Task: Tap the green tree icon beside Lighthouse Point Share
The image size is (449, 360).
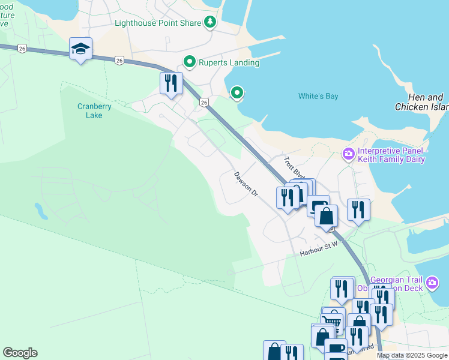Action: point(209,23)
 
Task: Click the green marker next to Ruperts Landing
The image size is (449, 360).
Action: point(190,62)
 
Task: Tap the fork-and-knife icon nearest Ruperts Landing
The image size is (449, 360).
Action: point(171,83)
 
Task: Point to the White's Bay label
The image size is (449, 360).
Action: point(319,96)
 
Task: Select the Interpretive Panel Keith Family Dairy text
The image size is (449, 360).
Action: point(391,155)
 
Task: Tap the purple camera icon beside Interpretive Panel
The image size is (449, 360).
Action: point(348,154)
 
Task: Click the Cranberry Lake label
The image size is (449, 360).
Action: point(90,111)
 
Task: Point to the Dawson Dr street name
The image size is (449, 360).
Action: point(246,185)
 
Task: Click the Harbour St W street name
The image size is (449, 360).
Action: point(319,252)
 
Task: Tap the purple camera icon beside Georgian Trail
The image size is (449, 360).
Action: point(432,282)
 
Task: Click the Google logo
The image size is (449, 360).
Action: point(20,353)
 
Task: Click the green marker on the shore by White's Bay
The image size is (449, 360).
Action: point(237,92)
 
